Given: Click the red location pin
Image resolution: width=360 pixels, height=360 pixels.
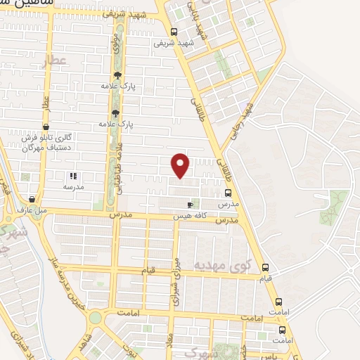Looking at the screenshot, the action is (x=181, y=165).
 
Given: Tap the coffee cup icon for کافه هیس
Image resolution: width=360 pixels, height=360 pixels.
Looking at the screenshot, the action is (x=189, y=205).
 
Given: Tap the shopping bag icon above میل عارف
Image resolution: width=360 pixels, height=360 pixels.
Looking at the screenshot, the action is (x=32, y=199).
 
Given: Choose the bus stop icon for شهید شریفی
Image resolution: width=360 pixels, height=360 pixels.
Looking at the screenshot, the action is (x=174, y=31).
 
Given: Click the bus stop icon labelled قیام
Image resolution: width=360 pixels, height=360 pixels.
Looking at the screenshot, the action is (x=265, y=268).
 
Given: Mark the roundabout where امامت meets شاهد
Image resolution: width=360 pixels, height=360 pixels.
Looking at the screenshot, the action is (x=94, y=319).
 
